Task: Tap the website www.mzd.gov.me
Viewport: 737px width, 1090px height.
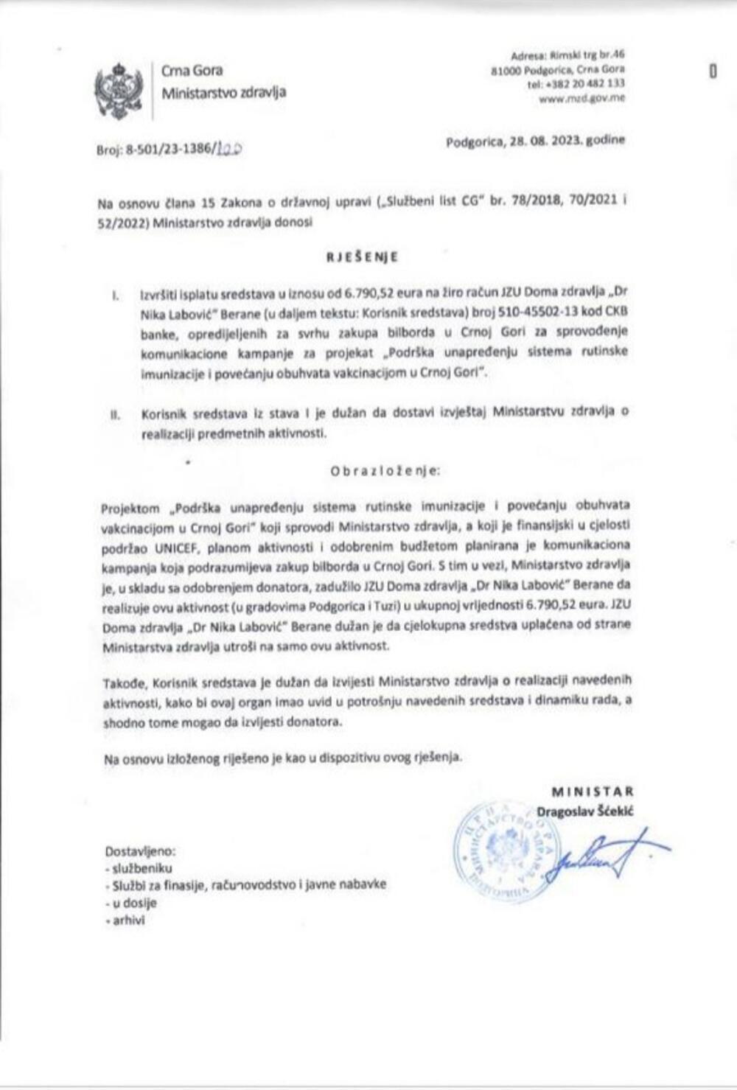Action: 582,97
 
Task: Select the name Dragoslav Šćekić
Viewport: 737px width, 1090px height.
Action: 585,811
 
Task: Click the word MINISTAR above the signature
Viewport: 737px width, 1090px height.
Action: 593,792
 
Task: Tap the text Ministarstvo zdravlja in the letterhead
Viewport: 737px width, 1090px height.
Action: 223,92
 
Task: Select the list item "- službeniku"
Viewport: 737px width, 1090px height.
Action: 139,867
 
